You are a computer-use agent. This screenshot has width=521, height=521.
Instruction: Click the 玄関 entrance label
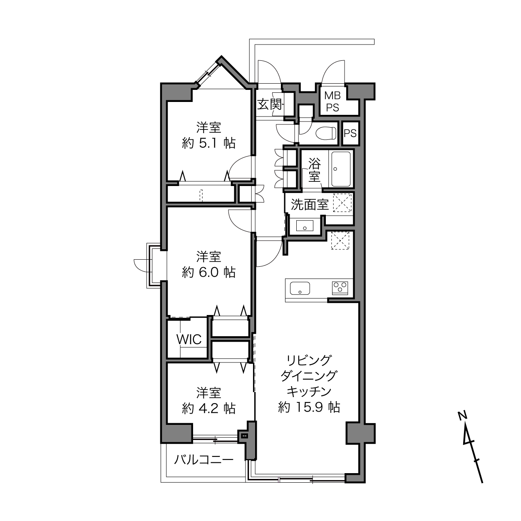click(270, 104)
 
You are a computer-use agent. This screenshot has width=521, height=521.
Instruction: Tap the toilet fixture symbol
click(326, 133)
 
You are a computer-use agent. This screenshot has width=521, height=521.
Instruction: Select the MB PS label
click(332, 102)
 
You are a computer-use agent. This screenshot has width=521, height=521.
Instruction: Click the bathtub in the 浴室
click(341, 169)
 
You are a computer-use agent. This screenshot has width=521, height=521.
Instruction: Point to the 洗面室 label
click(310, 205)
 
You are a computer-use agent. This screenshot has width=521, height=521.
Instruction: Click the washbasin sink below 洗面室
click(305, 226)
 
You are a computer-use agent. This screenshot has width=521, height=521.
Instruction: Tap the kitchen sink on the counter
click(300, 288)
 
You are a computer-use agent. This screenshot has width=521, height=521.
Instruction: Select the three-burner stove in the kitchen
click(340, 288)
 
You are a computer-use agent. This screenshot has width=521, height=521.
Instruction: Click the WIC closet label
click(189, 339)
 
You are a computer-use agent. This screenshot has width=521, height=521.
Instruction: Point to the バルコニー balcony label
click(203, 459)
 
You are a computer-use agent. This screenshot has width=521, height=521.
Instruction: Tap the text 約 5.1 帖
click(209, 143)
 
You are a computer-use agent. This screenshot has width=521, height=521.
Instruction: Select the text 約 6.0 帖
click(209, 272)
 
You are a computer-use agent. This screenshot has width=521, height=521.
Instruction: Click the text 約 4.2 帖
click(209, 409)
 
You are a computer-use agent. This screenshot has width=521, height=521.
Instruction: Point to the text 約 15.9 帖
click(309, 407)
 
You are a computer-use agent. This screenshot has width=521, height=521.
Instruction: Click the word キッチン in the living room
click(309, 391)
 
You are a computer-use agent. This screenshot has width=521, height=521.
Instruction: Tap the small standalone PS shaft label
click(350, 133)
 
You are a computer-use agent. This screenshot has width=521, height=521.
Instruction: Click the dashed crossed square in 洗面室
click(342, 203)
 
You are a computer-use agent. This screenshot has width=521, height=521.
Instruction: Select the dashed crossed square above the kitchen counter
click(340, 241)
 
